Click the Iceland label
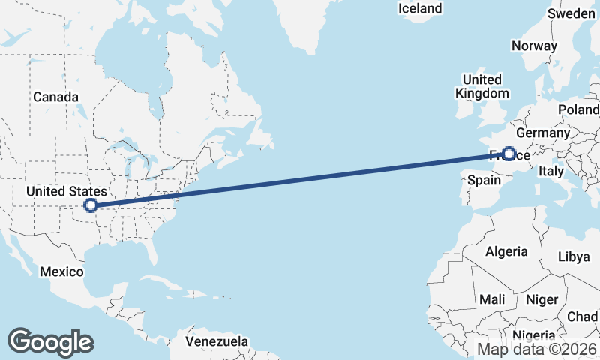tap(420, 9)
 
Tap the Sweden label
tap(571, 13)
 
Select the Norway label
tap(534, 46)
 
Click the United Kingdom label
tap(481, 86)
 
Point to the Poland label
tap(578, 109)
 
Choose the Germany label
tap(543, 133)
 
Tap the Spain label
tap(483, 180)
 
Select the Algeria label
tap(506, 252)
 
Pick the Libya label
tap(574, 256)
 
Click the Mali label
tap(492, 299)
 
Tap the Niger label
tap(541, 299)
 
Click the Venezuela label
tap(217, 341)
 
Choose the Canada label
tap(55, 97)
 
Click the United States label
tap(66, 192)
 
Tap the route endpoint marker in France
tap(509, 154)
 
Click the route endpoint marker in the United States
tap(91, 205)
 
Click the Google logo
tap(51, 342)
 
